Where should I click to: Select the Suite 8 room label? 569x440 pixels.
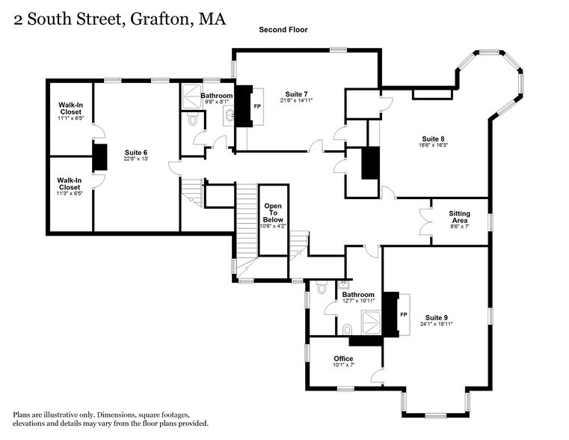(433, 139)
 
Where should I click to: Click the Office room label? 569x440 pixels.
(343, 358)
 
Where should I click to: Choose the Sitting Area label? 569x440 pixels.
(459, 217)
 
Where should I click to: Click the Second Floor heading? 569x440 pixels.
(283, 30)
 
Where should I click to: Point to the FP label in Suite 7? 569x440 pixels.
(257, 106)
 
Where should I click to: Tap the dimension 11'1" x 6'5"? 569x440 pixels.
(70, 118)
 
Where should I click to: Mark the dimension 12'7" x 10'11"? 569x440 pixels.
(358, 301)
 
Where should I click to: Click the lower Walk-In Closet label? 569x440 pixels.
(70, 183)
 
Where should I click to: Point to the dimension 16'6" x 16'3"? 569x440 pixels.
(433, 147)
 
